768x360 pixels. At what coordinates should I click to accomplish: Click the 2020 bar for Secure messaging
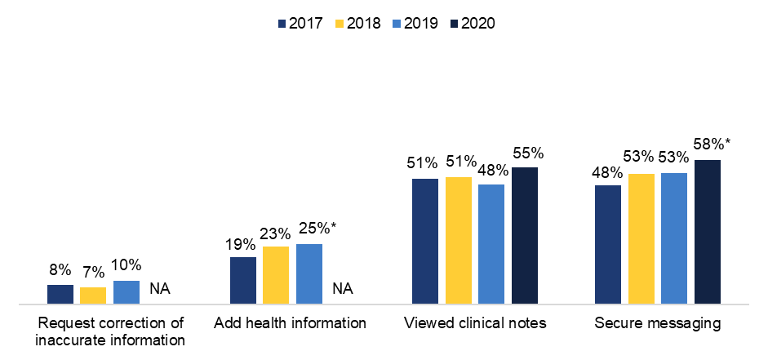pos(707,233)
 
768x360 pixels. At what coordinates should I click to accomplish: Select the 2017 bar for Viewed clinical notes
pos(425,242)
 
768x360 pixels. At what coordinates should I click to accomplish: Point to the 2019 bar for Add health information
pos(309,274)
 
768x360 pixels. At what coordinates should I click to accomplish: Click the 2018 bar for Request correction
pos(93,296)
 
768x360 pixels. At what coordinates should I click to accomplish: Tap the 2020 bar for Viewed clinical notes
pos(525,236)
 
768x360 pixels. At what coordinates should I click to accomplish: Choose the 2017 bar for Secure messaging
pos(608,245)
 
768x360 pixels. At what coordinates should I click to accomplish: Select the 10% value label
pos(127,265)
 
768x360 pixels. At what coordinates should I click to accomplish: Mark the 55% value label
pos(527,153)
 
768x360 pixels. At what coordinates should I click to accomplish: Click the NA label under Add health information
pos(343,288)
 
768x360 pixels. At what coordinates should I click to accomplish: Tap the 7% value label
pos(93,272)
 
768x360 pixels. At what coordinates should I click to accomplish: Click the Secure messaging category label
pos(658,323)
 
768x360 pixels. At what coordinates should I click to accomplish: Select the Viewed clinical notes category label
pos(475,323)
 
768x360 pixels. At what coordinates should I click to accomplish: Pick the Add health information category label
pos(290,323)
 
